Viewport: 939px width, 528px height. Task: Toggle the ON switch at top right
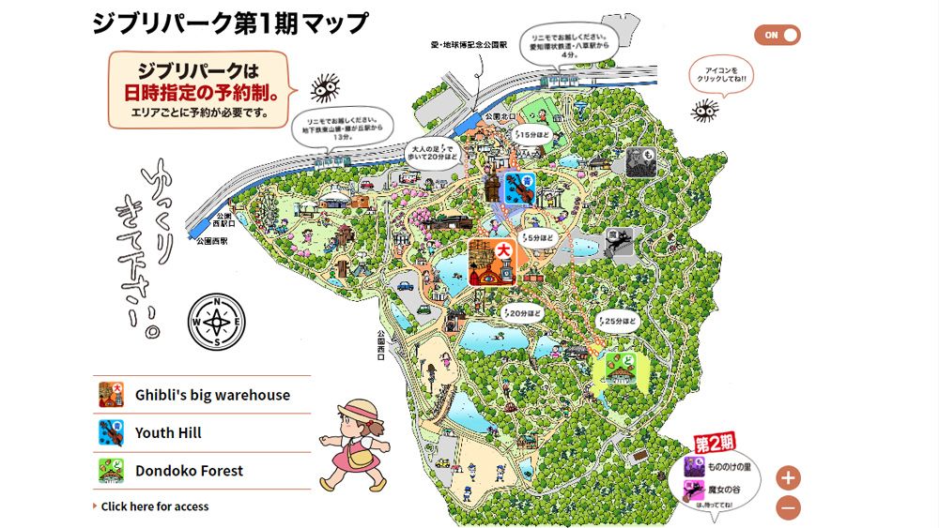(777, 35)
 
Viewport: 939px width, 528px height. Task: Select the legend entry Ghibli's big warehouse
(212, 395)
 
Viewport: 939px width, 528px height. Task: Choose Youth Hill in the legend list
(168, 432)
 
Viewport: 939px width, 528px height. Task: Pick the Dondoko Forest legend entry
(189, 471)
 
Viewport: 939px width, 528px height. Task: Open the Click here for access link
(154, 506)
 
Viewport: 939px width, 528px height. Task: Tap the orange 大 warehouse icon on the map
(493, 263)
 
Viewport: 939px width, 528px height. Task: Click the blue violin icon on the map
(519, 189)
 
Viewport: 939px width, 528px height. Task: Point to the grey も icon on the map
(640, 161)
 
